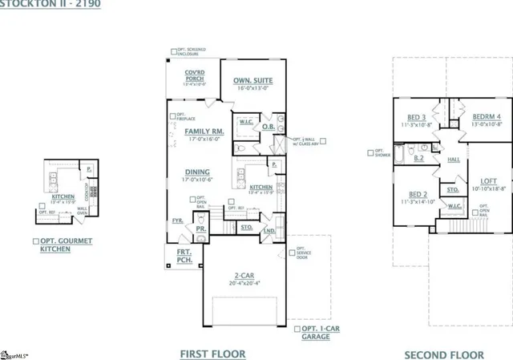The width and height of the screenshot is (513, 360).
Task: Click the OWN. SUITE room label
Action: click(x=252, y=80)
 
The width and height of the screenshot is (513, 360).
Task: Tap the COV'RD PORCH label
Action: click(x=194, y=76)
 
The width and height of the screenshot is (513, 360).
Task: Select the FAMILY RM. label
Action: click(x=204, y=131)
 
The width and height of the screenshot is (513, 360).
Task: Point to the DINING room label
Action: click(x=197, y=172)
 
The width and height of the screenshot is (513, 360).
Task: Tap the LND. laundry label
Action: click(x=269, y=230)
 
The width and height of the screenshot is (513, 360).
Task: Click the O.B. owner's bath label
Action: click(x=269, y=127)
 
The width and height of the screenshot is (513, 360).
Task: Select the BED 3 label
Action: click(x=417, y=116)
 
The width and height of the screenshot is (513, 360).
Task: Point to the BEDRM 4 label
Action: click(x=486, y=116)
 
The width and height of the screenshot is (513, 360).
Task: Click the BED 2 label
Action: click(x=417, y=195)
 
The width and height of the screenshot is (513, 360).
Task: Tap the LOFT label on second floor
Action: click(x=488, y=181)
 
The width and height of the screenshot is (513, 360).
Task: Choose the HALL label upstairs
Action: click(x=454, y=160)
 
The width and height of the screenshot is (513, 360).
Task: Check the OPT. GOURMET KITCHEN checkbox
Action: click(x=35, y=241)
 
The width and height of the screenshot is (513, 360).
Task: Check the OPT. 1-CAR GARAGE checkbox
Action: click(x=297, y=330)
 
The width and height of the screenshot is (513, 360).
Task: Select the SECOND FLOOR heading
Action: click(x=443, y=354)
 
